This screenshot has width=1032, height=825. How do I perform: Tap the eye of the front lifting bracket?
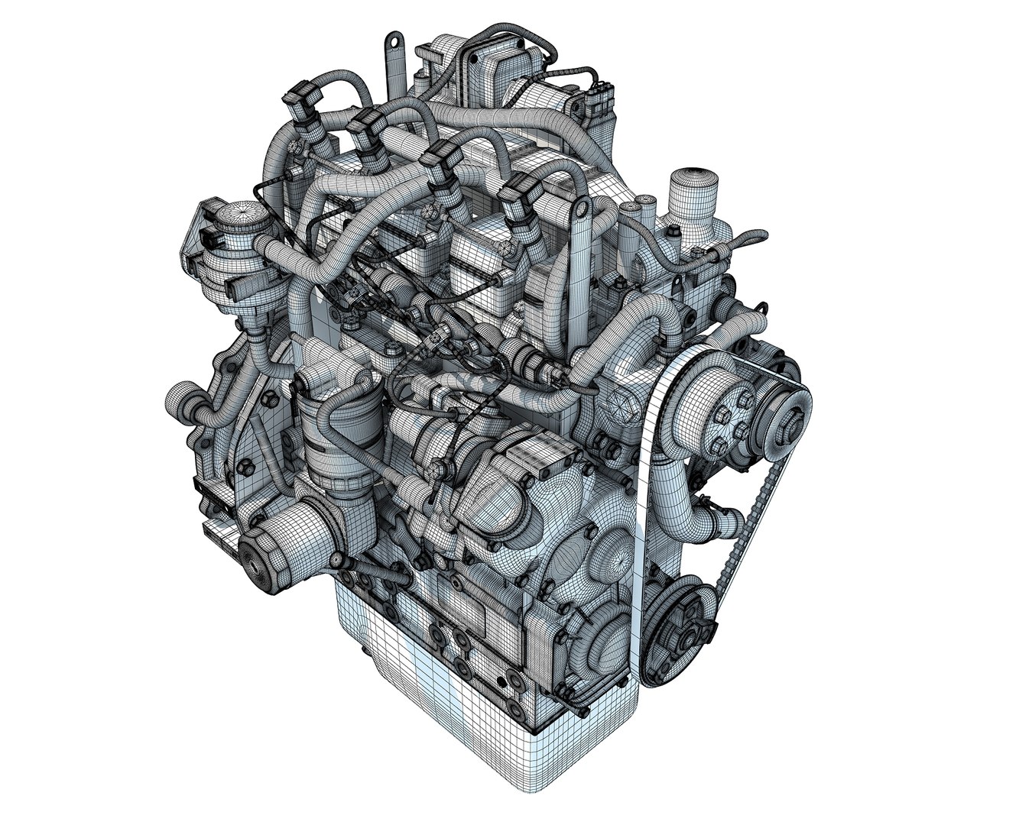point(583,209)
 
